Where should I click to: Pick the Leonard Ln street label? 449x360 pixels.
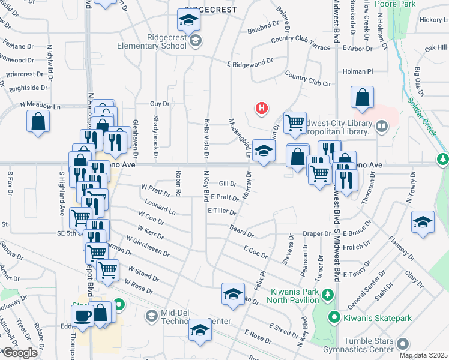click(x=160, y=208)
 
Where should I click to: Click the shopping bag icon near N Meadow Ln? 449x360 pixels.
click(x=38, y=121)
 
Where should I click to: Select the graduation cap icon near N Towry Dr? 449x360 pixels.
click(x=423, y=222)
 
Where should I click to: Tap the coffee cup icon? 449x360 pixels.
click(x=82, y=316)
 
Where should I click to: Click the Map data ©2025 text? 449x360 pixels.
click(x=423, y=356)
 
